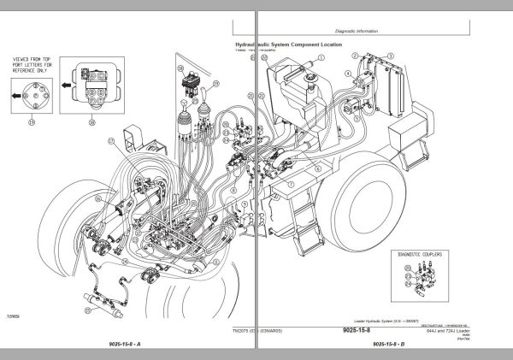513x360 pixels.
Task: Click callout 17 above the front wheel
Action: coord(109,139)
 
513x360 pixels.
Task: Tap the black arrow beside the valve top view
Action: coord(66,83)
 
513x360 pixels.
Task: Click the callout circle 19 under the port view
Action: coord(32,123)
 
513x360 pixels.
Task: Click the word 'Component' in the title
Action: coord(321,43)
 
